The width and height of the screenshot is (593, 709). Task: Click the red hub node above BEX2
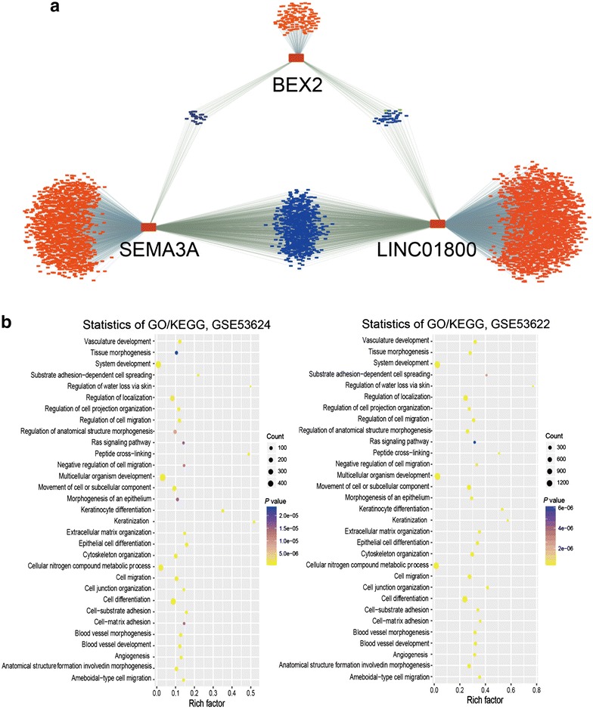[296, 58]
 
